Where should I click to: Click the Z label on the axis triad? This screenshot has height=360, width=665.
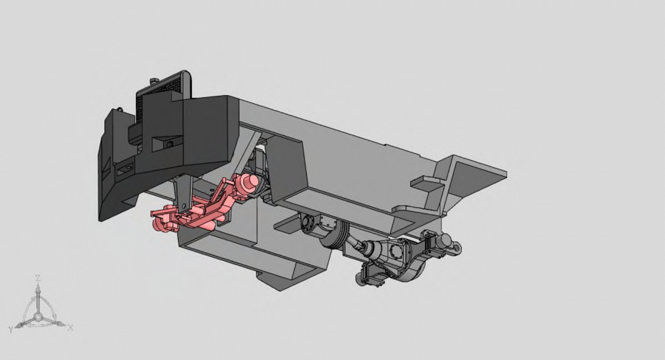pyautogui.click(x=38, y=278)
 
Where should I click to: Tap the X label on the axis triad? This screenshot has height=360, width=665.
pyautogui.click(x=70, y=328)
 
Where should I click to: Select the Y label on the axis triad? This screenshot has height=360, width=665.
pyautogui.click(x=11, y=329)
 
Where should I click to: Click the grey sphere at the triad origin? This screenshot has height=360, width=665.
pyautogui.click(x=38, y=317)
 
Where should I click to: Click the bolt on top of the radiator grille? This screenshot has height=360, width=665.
pyautogui.click(x=154, y=80)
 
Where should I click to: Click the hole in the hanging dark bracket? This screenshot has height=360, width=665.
pyautogui.click(x=184, y=206)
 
